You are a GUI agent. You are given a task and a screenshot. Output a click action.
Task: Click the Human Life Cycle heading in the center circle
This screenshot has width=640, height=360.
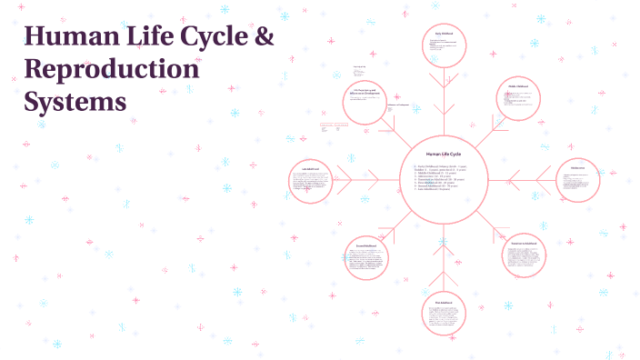coord(443,154)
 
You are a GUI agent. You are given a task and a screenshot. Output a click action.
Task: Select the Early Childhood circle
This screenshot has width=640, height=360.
coord(444,46)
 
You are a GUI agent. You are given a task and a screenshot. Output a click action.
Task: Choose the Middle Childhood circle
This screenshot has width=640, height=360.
coord(519,99)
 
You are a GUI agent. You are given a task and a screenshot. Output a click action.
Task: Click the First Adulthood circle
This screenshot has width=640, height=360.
coord(444,313)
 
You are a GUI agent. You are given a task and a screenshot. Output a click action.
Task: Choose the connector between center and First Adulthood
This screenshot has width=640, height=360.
coord(444,259)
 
